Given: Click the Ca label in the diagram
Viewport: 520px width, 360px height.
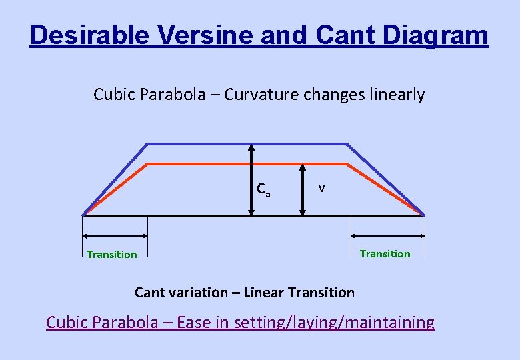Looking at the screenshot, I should [x=264, y=190].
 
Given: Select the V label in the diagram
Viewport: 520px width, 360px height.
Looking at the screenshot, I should [x=321, y=189].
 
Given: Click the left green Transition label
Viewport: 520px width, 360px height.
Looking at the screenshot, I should [x=112, y=254].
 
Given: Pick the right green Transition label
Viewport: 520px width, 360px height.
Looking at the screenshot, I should [x=385, y=253].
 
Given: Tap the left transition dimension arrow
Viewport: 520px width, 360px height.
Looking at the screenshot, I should [x=115, y=235].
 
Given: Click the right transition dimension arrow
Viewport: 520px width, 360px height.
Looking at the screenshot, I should [x=388, y=235].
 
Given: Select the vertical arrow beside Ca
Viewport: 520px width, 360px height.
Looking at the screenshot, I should [x=251, y=179].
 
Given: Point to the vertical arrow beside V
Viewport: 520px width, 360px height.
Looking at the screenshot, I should [x=302, y=189].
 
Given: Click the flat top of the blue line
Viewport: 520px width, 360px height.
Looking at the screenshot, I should [x=200, y=144].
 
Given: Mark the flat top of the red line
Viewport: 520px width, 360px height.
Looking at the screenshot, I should [x=200, y=163].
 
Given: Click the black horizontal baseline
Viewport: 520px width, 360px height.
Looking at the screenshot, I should [x=200, y=215].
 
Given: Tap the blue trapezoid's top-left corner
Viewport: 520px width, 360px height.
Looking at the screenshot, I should [x=148, y=144].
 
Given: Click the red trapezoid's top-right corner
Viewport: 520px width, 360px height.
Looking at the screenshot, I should [x=347, y=163].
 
